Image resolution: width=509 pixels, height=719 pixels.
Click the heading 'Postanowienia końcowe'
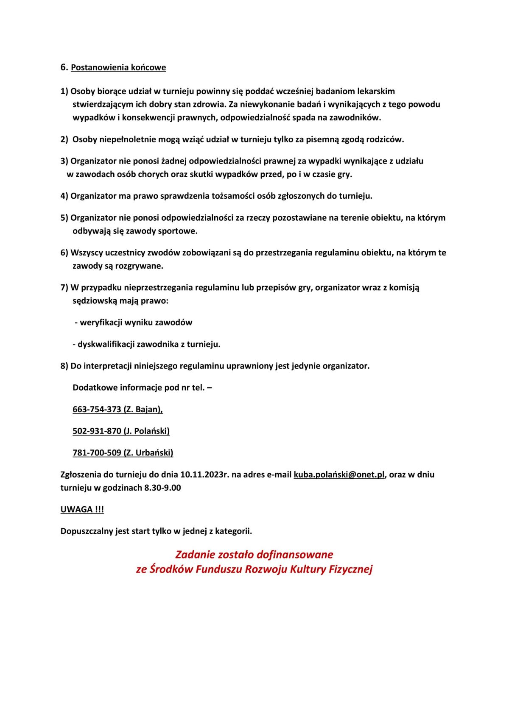118,68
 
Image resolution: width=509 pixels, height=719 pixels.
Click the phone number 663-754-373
97,410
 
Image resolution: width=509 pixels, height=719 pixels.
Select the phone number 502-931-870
97,431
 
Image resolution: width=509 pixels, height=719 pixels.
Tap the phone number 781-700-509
97,453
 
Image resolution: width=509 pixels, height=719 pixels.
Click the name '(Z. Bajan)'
143,410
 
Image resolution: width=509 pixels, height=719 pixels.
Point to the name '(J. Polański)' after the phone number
147,431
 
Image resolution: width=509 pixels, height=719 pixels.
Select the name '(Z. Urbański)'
148,453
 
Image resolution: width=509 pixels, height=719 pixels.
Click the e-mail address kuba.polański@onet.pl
339,475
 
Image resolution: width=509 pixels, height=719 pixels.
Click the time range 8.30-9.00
162,488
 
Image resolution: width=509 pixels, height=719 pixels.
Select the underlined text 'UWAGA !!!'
82,510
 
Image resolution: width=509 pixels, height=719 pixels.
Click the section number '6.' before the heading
64,67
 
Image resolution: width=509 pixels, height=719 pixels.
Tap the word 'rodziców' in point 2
386,139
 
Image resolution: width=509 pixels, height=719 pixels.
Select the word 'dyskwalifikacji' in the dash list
106,344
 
